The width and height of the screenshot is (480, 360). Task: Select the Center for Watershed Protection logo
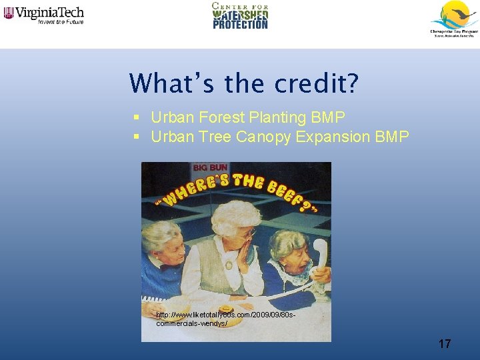tap(240, 15)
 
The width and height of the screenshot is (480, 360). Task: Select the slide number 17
tap(445, 344)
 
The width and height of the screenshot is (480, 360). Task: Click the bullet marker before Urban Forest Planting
tap(135, 118)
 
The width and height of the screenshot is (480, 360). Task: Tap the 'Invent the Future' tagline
tap(61, 21)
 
